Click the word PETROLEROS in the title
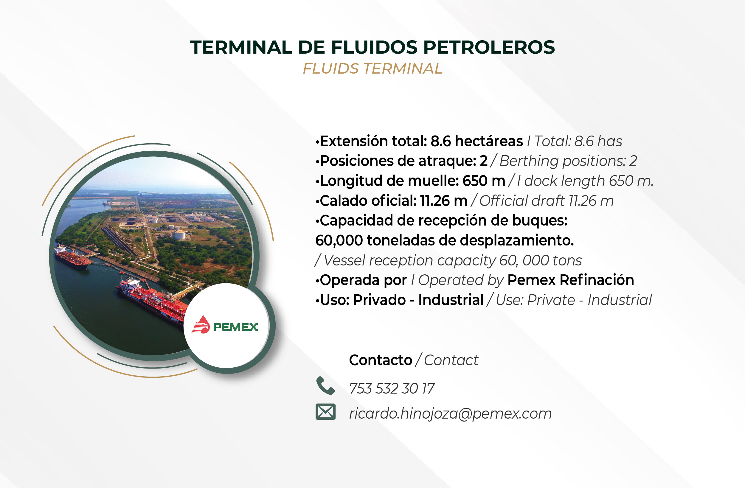pyautogui.click(x=489, y=47)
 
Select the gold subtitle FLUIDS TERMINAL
pyautogui.click(x=372, y=69)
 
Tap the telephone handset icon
pyautogui.click(x=325, y=385)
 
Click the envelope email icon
pyautogui.click(x=325, y=412)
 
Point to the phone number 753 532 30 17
pyautogui.click(x=392, y=388)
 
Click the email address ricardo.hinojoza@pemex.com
pyautogui.click(x=451, y=414)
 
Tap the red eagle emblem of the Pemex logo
pyautogui.click(x=201, y=325)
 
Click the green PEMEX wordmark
pyautogui.click(x=236, y=327)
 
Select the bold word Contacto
pyautogui.click(x=381, y=360)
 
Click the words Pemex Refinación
pyautogui.click(x=571, y=280)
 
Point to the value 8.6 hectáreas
pyautogui.click(x=477, y=141)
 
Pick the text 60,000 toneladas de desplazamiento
pyautogui.click(x=445, y=240)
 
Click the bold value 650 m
pyautogui.click(x=484, y=181)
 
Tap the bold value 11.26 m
pyautogui.click(x=444, y=201)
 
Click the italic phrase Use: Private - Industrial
pyautogui.click(x=574, y=300)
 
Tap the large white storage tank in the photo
pyautogui.click(x=179, y=234)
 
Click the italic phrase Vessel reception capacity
pyautogui.click(x=410, y=261)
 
